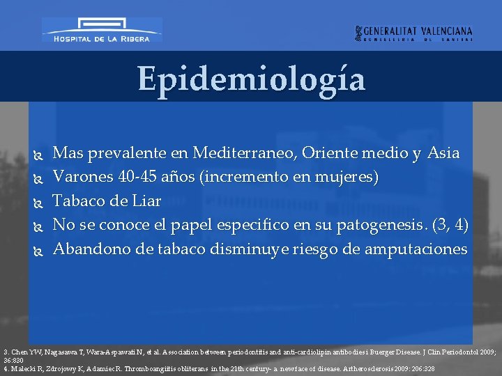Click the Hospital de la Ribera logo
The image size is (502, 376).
[x=102, y=31]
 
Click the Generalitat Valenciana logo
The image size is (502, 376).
[x=413, y=33]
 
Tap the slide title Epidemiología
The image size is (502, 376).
[x=251, y=79]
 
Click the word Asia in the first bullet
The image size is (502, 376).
[x=443, y=152]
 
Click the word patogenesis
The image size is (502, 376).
[x=377, y=226]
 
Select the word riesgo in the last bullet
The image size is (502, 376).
[x=301, y=249]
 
